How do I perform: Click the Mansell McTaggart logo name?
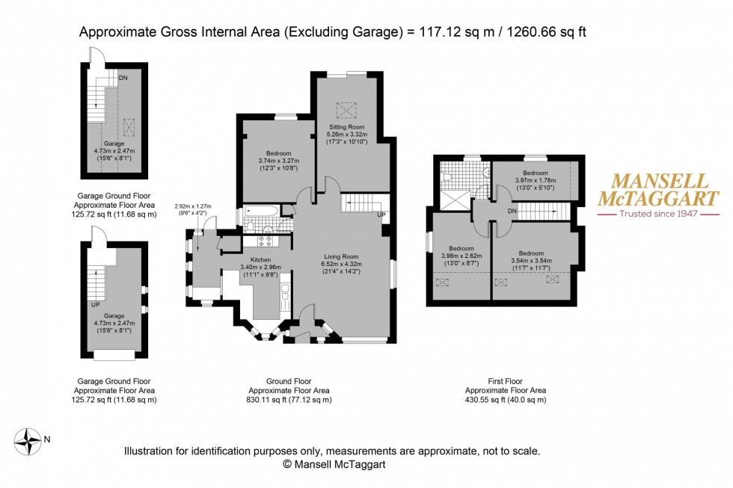pos(657,190)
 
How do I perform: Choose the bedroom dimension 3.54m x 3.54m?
pos(532,261)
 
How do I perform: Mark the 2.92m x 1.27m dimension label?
pos(193,206)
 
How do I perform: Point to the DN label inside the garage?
pos(123,77)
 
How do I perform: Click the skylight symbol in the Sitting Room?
pos(346,110)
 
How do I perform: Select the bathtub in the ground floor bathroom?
pos(261,212)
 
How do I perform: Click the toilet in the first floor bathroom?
pos(447,178)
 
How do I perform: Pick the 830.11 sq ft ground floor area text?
pos(289,400)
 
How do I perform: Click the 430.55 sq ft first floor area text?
pos(506,400)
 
